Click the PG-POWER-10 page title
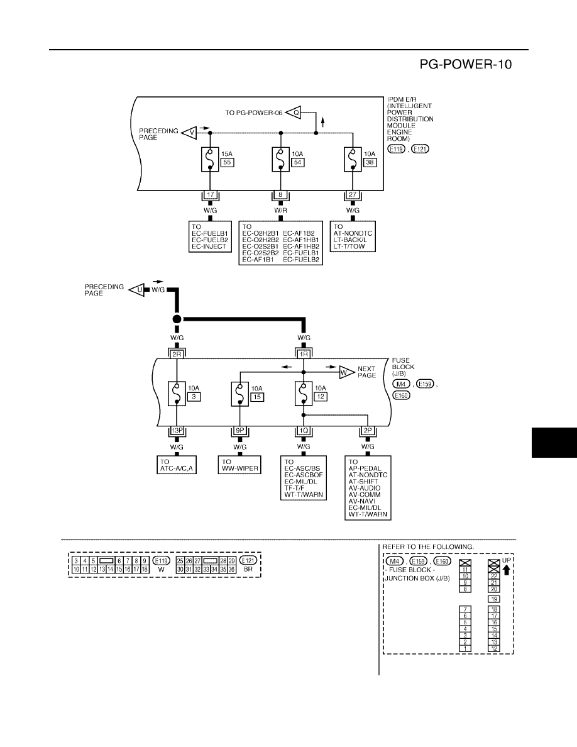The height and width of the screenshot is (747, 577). pyautogui.click(x=466, y=64)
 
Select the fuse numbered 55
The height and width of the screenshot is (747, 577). pyautogui.click(x=210, y=159)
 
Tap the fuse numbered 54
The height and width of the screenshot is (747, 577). pyautogui.click(x=281, y=159)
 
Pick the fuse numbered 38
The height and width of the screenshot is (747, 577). pyautogui.click(x=353, y=159)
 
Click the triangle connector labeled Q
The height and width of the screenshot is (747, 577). pyautogui.click(x=294, y=113)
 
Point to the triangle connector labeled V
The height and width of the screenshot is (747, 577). pyautogui.click(x=189, y=133)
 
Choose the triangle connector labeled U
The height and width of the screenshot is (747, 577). pyautogui.click(x=137, y=289)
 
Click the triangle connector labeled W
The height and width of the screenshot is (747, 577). pyautogui.click(x=346, y=372)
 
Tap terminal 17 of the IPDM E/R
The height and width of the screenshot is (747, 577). pyautogui.click(x=210, y=195)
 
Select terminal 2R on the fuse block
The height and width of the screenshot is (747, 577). pyautogui.click(x=177, y=354)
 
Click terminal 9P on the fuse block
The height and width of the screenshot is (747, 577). pyautogui.click(x=240, y=431)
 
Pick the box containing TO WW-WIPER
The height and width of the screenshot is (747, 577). pyautogui.click(x=240, y=465)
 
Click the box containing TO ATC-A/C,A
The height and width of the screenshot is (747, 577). pyautogui.click(x=177, y=465)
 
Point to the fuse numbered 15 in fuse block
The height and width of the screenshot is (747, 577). pyautogui.click(x=240, y=394)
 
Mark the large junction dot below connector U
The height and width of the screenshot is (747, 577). pyautogui.click(x=177, y=319)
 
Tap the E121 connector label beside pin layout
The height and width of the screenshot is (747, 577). pyautogui.click(x=248, y=561)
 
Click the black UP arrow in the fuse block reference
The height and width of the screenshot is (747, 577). pyautogui.click(x=507, y=569)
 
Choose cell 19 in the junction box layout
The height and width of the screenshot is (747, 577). pyautogui.click(x=494, y=599)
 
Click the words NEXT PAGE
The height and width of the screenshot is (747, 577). pyautogui.click(x=366, y=372)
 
